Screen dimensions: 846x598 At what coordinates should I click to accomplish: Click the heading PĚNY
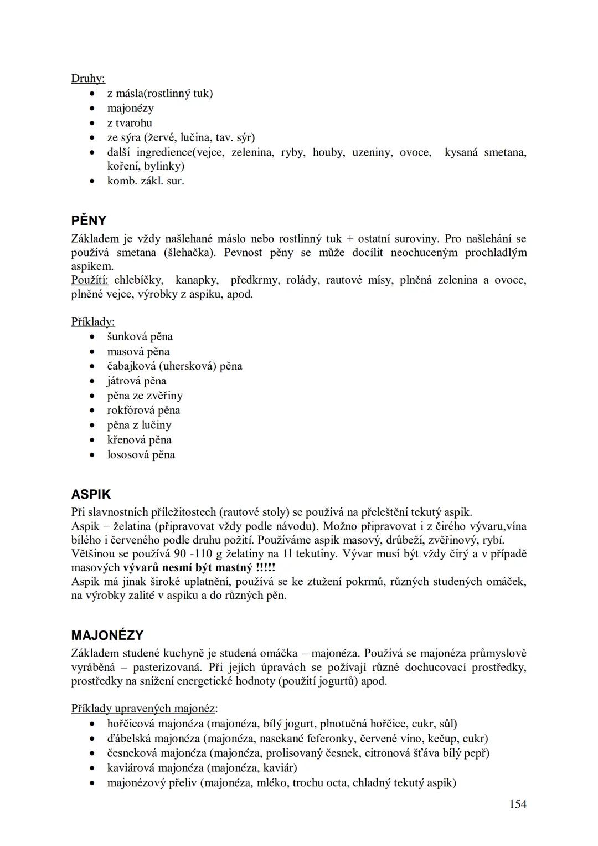[x=89, y=221]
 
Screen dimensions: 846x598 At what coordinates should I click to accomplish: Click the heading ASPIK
[x=91, y=494]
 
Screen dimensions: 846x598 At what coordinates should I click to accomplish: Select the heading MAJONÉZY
[x=107, y=635]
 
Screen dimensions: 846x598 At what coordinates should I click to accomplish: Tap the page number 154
[x=518, y=804]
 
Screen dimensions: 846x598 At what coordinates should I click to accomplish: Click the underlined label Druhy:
[x=88, y=79]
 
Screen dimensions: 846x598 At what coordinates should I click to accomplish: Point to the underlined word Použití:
[x=89, y=280]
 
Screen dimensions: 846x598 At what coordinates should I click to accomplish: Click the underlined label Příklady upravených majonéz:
[x=144, y=709]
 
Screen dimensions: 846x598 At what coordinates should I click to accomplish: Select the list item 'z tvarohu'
[x=130, y=123]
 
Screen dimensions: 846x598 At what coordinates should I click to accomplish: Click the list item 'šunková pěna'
[x=140, y=337]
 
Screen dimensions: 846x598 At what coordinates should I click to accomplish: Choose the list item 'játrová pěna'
[x=136, y=381]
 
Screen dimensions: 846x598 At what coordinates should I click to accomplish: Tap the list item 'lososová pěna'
[x=141, y=455]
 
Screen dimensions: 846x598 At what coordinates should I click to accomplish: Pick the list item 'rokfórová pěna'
[x=143, y=411]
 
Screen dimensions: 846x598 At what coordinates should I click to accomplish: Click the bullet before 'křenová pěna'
[x=94, y=440]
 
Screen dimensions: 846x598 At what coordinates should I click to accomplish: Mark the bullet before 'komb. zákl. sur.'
[x=94, y=181]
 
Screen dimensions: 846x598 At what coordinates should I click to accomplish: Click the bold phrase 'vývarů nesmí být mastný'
[x=187, y=568]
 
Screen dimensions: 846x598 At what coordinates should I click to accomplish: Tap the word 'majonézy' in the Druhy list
[x=130, y=108]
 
